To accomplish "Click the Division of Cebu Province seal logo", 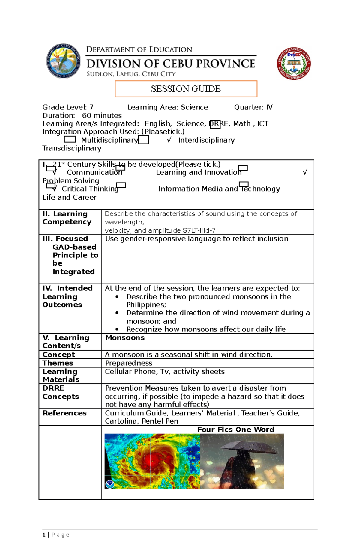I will pos(63,61).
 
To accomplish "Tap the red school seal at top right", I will pos(294,64).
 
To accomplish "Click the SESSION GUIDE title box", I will pos(186,89).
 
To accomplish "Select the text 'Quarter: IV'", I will pos(253,107).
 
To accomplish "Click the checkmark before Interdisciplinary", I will pos(169,140).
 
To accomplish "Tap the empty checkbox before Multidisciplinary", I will pos(70,139).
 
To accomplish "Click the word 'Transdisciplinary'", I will pos(72,148).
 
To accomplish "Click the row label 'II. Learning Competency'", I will pos(67,218).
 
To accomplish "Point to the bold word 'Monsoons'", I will pos(125,338).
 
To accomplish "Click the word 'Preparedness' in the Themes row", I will pos(128,363).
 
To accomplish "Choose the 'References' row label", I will pos(64,413).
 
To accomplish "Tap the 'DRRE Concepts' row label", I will pos(61,392).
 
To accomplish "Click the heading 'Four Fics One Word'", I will pos(235,430).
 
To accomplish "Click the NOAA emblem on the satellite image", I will pos(110,484).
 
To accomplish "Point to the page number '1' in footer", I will pos(44,535).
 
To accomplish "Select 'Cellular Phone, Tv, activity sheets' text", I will pos(165,372).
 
